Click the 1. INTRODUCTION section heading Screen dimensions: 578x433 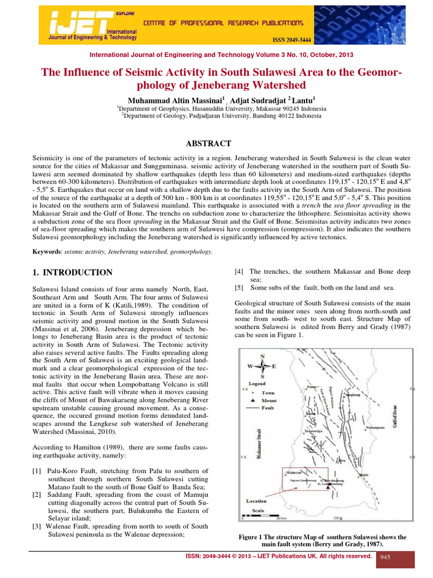[73, 273]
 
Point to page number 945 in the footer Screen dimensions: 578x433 [386, 558]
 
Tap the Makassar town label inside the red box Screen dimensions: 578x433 [293, 472]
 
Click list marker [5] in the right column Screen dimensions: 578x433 [238, 287]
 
